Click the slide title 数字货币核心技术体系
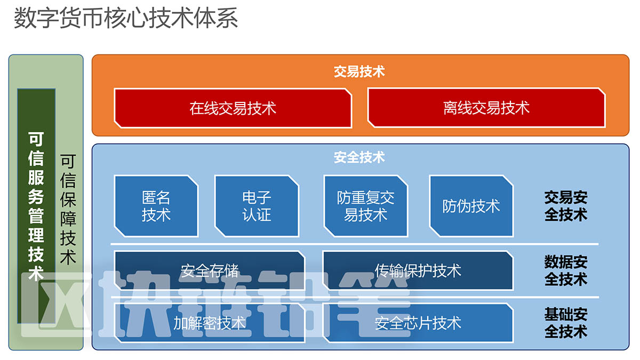(126, 18)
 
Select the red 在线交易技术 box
(233, 108)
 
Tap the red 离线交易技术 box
(486, 108)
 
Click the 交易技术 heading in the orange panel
(359, 71)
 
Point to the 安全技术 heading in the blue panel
(359, 157)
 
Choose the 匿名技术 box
(156, 206)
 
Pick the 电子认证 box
(257, 206)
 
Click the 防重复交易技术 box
(366, 206)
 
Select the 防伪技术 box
(471, 206)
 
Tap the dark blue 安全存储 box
(209, 271)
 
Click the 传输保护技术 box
(418, 271)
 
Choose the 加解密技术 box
(209, 323)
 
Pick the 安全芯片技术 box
(418, 323)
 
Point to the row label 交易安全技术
(566, 206)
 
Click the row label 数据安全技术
(566, 270)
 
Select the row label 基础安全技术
(566, 323)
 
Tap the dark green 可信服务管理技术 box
(36, 205)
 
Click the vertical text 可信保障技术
(68, 210)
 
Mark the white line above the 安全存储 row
(355, 244)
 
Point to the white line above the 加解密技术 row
(355, 297)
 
